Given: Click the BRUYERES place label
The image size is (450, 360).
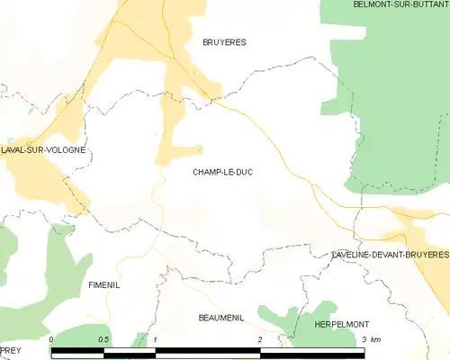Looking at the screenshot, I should [224, 42].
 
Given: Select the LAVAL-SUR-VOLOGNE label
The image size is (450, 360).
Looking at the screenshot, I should [43, 150].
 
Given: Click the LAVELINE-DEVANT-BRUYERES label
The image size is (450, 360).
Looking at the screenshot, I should [390, 256].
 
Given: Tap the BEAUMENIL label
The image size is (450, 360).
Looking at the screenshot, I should [222, 318].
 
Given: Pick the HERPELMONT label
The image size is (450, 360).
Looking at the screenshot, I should [342, 323].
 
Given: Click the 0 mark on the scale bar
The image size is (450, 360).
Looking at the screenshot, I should [52, 339].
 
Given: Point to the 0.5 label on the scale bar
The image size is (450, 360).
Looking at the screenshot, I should [103, 339].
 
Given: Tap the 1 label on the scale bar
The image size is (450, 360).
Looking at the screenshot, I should [157, 339].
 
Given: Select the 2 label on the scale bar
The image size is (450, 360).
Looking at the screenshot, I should [260, 339].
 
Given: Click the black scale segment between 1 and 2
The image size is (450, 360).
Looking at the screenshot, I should [208, 353].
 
